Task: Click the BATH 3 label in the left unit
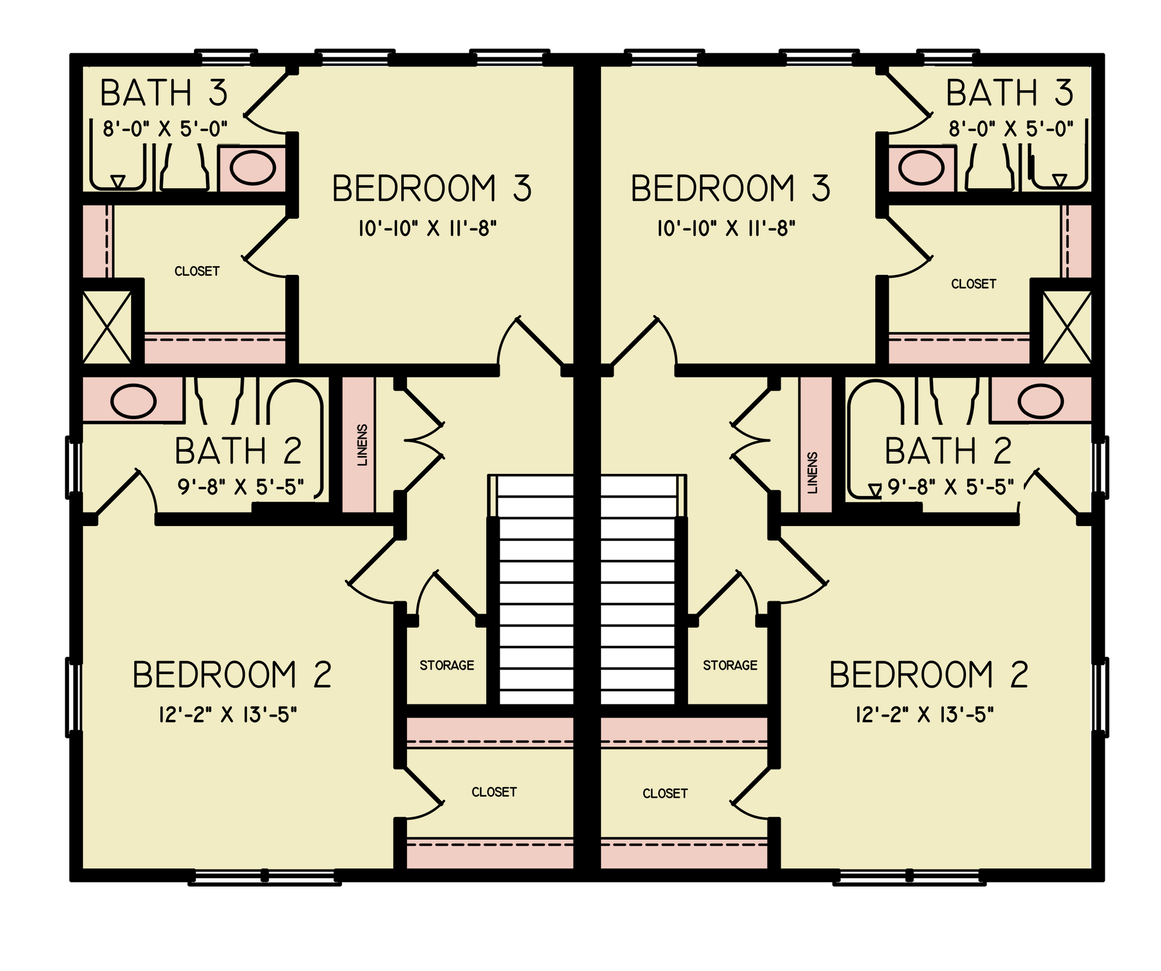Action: [164, 94]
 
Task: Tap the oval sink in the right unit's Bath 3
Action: [921, 168]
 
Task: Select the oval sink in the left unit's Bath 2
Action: [133, 401]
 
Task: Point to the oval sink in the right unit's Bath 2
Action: [1041, 401]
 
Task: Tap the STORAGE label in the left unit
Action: [447, 665]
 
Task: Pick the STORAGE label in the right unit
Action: [730, 665]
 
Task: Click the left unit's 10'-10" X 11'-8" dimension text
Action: [427, 229]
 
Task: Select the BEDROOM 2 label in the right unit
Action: [929, 675]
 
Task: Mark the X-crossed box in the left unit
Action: [107, 327]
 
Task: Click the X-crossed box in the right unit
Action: [1067, 327]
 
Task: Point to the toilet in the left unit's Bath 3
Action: [184, 167]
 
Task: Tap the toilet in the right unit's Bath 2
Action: [955, 400]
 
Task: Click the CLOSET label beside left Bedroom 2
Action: [494, 792]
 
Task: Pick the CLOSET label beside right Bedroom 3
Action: [973, 284]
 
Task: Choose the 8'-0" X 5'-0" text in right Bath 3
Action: [1011, 129]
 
